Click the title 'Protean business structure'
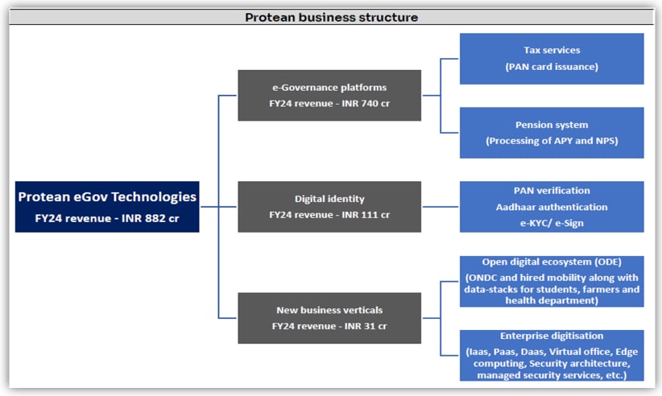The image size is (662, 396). pos(332,17)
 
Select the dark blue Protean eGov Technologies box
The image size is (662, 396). pos(107,207)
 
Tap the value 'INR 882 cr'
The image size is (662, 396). pos(151,218)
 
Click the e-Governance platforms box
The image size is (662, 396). pos(329,95)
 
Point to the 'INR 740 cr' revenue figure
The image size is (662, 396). pos(366,103)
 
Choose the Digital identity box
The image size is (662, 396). pos(329,207)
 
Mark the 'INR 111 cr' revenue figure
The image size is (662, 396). pos(366,215)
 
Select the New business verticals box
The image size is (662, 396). pos(329,318)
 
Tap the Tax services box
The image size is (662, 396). pos(552,59)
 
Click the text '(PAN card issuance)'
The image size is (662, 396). pos(552,67)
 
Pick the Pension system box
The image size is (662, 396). pos(552,133)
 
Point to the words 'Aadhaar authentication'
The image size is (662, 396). pos(552,207)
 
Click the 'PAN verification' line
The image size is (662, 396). pos(552,191)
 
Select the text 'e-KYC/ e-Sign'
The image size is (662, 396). pos(552,223)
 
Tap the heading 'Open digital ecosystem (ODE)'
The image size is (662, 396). pos(552,262)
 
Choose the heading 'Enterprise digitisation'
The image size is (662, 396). pos(552,336)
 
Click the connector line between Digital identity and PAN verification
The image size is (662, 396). pos(441,207)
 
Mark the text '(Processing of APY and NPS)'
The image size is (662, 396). pos(552,141)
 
